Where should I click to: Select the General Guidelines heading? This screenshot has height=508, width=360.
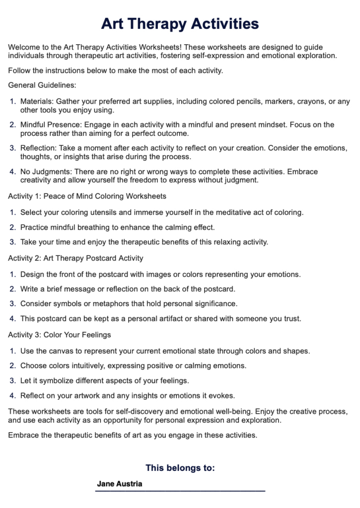(x=42, y=85)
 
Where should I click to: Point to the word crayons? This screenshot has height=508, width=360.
(x=312, y=101)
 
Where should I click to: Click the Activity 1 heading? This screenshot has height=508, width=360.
(x=87, y=196)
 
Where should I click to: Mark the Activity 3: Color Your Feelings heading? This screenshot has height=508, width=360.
(x=60, y=335)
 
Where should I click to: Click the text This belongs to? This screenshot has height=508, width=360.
(x=180, y=468)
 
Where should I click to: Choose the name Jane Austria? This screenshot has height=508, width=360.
(x=120, y=484)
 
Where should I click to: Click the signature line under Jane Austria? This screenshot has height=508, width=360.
(x=180, y=491)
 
